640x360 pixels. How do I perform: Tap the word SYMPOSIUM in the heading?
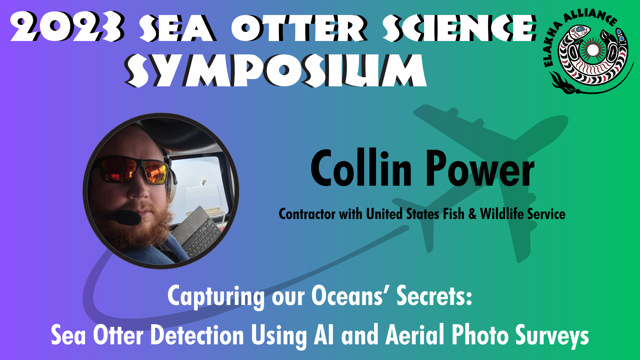coord(276,71)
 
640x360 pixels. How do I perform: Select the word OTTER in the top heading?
coord(299,28)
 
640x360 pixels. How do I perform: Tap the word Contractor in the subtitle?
coord(307,214)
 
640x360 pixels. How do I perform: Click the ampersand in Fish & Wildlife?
coord(472,214)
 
